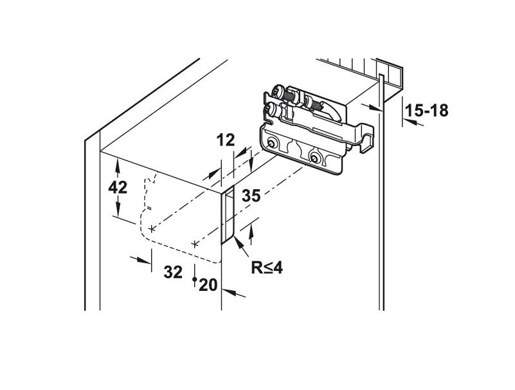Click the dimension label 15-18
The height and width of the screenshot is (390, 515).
[x=427, y=111]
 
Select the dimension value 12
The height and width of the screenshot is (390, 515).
[x=225, y=140]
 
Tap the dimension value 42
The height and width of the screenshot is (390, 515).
[x=118, y=189]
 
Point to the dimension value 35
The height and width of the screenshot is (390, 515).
[x=251, y=196]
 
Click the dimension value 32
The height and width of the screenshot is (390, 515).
[x=172, y=272]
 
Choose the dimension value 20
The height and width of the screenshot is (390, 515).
[x=208, y=284]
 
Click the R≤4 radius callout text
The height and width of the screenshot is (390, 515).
[x=267, y=267]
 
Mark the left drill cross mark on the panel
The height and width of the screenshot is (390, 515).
[x=151, y=228]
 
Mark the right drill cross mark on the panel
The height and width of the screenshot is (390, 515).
[x=194, y=244]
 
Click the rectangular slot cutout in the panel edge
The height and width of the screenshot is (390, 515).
[x=228, y=216]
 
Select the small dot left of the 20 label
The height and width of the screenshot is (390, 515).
[x=194, y=280]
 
